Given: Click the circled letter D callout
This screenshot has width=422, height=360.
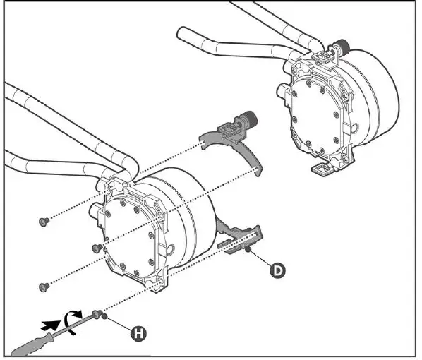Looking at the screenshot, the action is click(x=277, y=270).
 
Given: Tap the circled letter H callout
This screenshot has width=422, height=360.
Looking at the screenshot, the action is click(x=138, y=334).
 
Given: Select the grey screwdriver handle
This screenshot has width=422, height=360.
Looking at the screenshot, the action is click(x=33, y=344).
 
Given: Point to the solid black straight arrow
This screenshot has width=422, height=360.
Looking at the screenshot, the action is click(x=51, y=325).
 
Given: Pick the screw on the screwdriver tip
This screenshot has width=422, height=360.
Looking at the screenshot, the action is click(x=97, y=313).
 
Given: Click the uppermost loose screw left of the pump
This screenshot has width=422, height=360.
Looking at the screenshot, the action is click(x=44, y=222).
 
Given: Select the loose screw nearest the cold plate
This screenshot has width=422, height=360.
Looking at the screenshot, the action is click(x=97, y=248).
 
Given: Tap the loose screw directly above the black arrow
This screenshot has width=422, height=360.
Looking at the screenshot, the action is click(x=44, y=287).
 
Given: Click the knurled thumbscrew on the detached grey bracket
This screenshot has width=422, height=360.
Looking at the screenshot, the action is click(x=250, y=119).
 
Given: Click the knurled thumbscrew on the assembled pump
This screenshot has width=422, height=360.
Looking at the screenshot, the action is click(x=342, y=46).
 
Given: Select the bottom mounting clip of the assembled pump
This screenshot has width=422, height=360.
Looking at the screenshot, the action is click(x=323, y=169).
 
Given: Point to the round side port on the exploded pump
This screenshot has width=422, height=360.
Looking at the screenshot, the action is click(x=170, y=250).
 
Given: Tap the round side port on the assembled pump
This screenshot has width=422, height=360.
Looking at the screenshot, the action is click(x=355, y=126).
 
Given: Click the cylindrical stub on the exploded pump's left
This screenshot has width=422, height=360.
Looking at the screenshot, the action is click(x=95, y=209).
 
